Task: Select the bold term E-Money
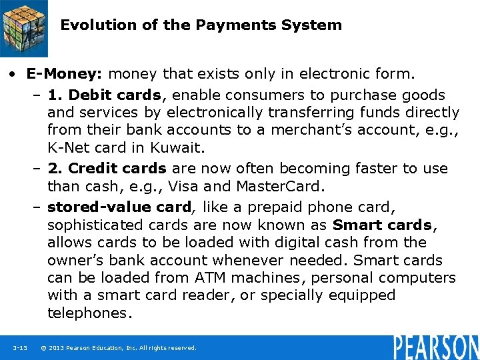pos(65,72)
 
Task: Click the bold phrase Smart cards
pos(382,225)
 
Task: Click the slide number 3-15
pos(19,348)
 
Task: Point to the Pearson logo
pos(436,347)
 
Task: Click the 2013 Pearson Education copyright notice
pos(119,348)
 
